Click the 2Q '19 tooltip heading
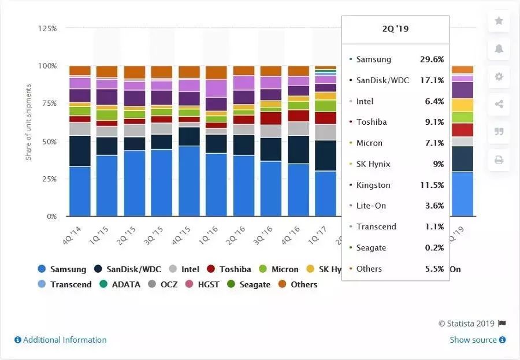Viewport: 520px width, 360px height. click(396, 28)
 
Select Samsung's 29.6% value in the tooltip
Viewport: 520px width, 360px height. click(432, 60)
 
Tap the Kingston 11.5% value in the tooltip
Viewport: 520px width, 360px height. click(432, 185)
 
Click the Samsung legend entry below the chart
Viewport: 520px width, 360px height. click(62, 269)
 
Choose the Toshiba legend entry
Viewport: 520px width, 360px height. click(229, 269)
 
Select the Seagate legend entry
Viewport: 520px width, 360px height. click(248, 284)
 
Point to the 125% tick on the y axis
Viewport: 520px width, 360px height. click(47, 28)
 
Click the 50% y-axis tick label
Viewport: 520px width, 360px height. click(49, 142)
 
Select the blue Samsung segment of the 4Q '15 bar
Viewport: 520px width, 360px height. click(189, 181)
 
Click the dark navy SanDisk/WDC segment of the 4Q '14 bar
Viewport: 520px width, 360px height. click(80, 151)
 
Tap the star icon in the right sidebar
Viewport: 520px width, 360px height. click(499, 21)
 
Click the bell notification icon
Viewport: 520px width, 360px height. click(499, 49)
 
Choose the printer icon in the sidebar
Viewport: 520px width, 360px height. click(499, 159)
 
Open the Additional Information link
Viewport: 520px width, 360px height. click(61, 340)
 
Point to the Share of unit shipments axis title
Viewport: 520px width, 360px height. click(29, 123)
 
